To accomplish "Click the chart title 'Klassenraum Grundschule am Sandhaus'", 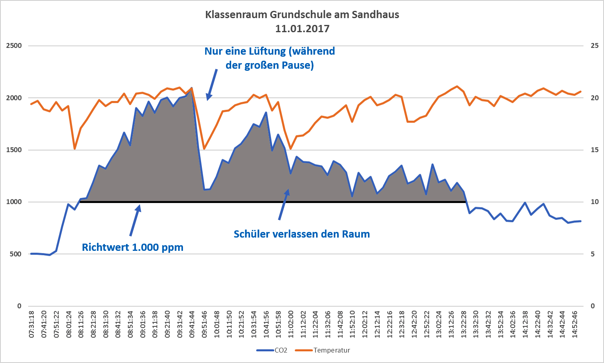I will (x=302, y=15).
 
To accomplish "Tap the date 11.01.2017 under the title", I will (x=302, y=29).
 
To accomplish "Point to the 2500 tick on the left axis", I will (x=14, y=46).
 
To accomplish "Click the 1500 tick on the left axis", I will (x=14, y=150).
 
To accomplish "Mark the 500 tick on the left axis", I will (x=16, y=254).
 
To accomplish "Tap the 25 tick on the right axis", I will (x=594, y=46).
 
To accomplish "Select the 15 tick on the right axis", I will (x=594, y=150).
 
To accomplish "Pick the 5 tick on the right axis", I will (x=593, y=254).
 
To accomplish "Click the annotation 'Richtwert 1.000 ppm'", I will (x=133, y=247).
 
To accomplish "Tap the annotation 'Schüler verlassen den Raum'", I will (x=302, y=234).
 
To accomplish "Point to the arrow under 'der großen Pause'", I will (x=212, y=84).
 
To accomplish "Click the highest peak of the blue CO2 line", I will (x=191, y=88).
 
